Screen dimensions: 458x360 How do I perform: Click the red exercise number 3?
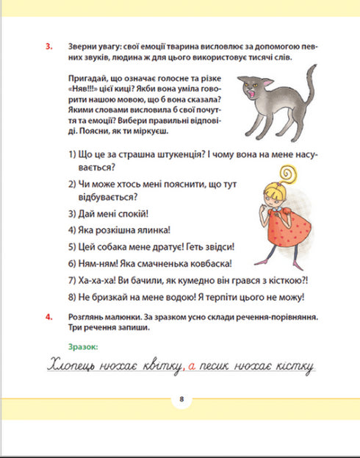(x=48, y=48)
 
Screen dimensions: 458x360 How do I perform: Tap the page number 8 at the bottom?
(x=180, y=400)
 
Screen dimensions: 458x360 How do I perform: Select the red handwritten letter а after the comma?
(x=190, y=365)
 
